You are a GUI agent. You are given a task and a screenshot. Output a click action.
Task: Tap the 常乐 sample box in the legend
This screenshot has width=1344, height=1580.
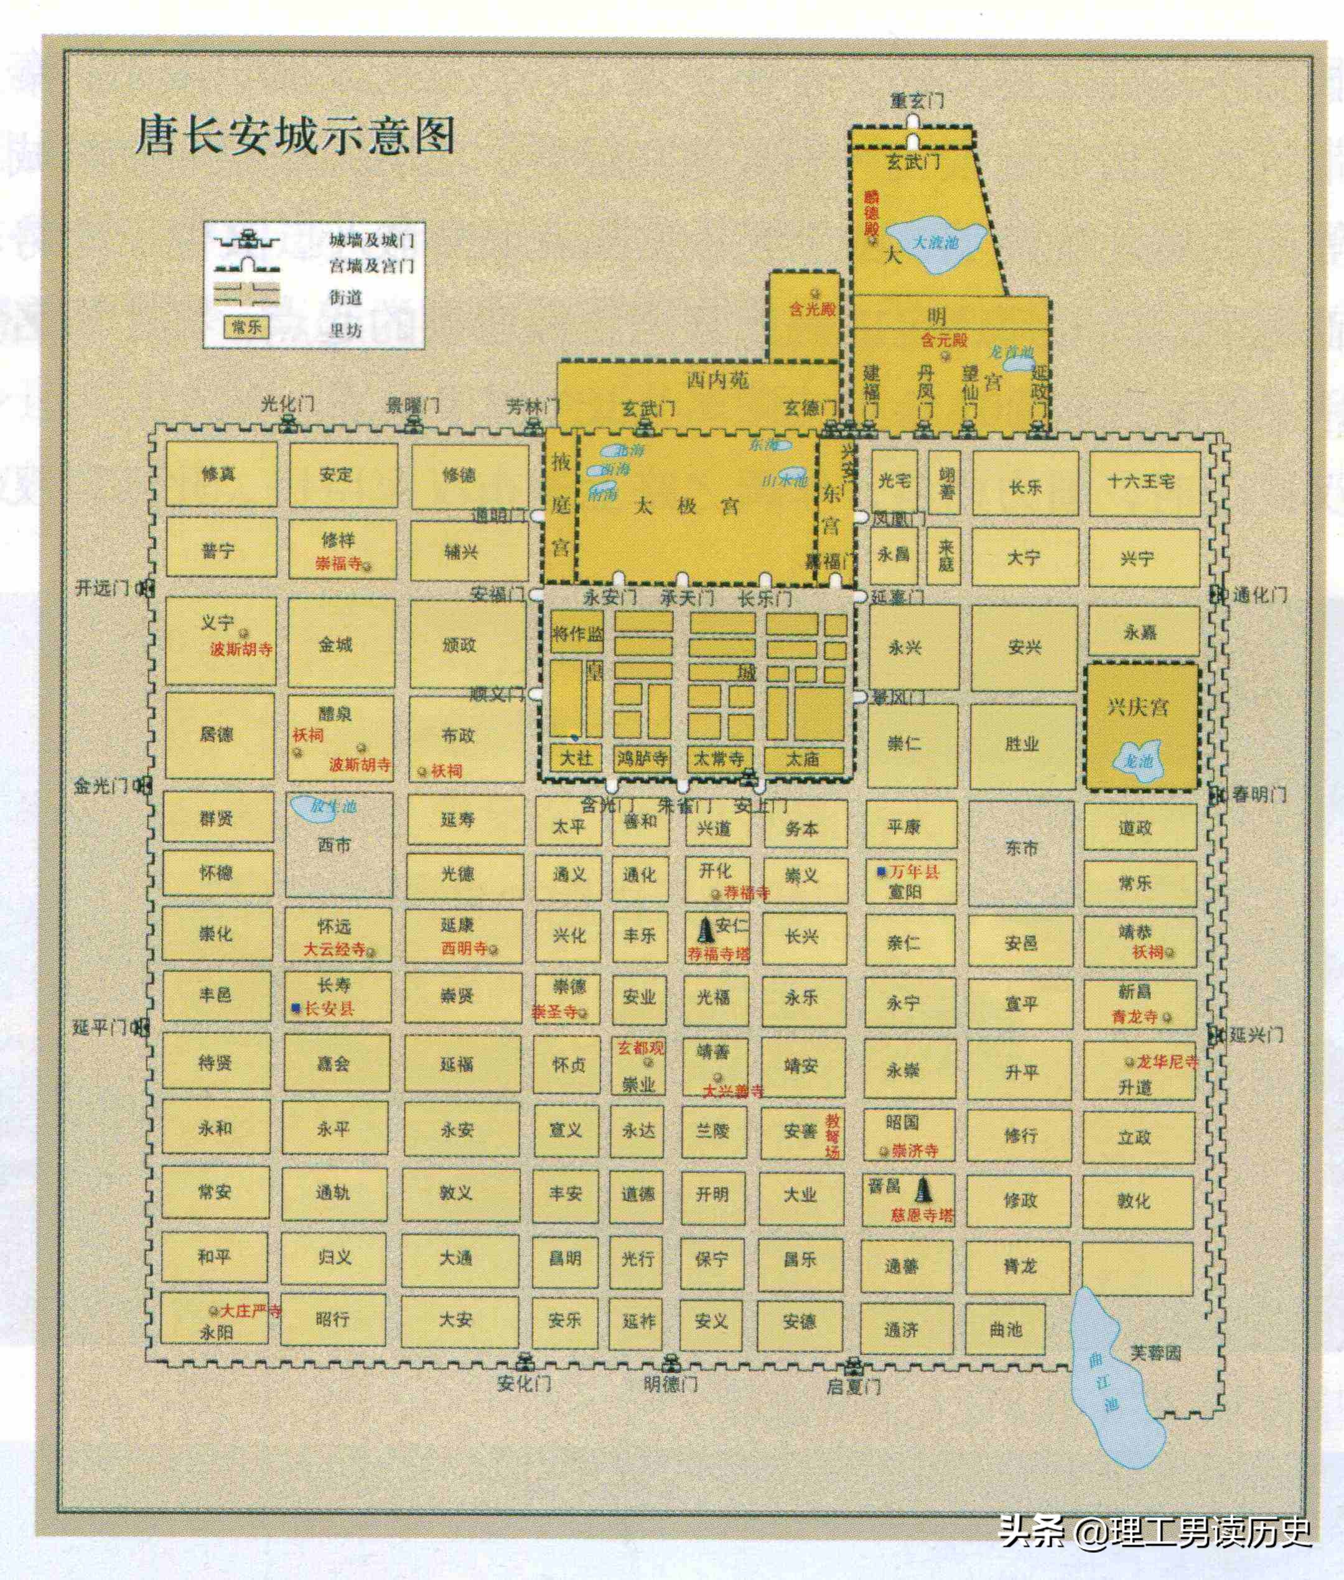246,328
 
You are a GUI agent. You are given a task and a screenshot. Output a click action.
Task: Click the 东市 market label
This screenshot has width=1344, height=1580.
1021,848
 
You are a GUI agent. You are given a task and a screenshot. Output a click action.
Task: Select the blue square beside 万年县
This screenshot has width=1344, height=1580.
881,871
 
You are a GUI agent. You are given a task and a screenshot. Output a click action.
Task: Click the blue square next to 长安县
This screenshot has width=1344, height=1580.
296,1008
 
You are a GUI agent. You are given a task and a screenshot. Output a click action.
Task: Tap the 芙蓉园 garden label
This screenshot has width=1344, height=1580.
1154,1353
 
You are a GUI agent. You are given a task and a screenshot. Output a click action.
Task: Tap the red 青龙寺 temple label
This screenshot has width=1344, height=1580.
1134,1016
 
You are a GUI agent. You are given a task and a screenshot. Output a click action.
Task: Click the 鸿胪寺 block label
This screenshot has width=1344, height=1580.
642,758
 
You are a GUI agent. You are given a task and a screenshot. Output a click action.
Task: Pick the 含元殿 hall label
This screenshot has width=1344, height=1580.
943,340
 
